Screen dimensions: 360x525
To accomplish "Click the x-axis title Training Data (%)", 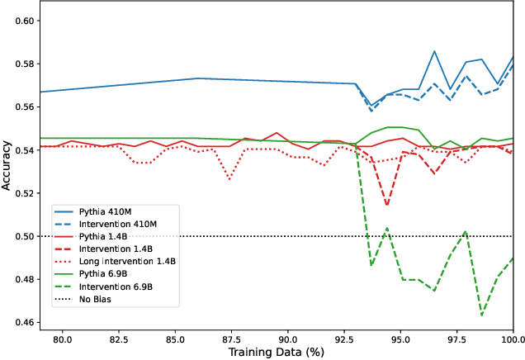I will click(277, 353).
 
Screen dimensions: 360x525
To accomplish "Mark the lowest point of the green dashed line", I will click(482, 315).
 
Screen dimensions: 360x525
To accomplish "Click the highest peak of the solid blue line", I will click(434, 51).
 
